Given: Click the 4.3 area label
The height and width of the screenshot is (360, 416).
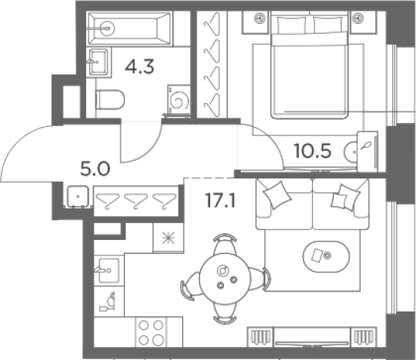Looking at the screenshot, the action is tap(139, 67).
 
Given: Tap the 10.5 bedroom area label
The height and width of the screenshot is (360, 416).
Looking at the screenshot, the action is tap(312, 151).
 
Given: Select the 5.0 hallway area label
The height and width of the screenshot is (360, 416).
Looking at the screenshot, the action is tap(95, 169).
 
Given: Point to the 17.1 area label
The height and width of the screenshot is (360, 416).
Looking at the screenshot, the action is tap(220, 200).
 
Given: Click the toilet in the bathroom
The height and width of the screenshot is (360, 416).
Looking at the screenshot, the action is tap(110, 100).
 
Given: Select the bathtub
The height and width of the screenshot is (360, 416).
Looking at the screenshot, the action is tap(130, 28).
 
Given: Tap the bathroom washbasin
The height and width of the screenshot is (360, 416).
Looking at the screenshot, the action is tap(98, 62).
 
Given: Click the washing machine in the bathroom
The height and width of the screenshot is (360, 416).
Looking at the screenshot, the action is tap(179, 100).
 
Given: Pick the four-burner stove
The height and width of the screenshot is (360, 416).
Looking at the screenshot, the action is tap(151, 332).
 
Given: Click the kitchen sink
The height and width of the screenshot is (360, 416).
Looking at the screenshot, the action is tap(108, 270).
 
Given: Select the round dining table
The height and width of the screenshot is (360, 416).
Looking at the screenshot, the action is tap(225, 278).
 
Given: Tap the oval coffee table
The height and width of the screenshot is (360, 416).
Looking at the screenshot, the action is tap(326, 256).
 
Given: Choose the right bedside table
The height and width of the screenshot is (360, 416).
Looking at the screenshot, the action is tap(363, 22).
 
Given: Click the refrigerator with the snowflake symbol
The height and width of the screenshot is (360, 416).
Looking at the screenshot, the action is tap(168, 238).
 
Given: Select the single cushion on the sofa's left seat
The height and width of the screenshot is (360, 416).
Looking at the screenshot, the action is tap(277, 195).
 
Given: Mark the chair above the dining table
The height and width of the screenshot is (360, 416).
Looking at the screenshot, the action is tap(225, 244).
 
